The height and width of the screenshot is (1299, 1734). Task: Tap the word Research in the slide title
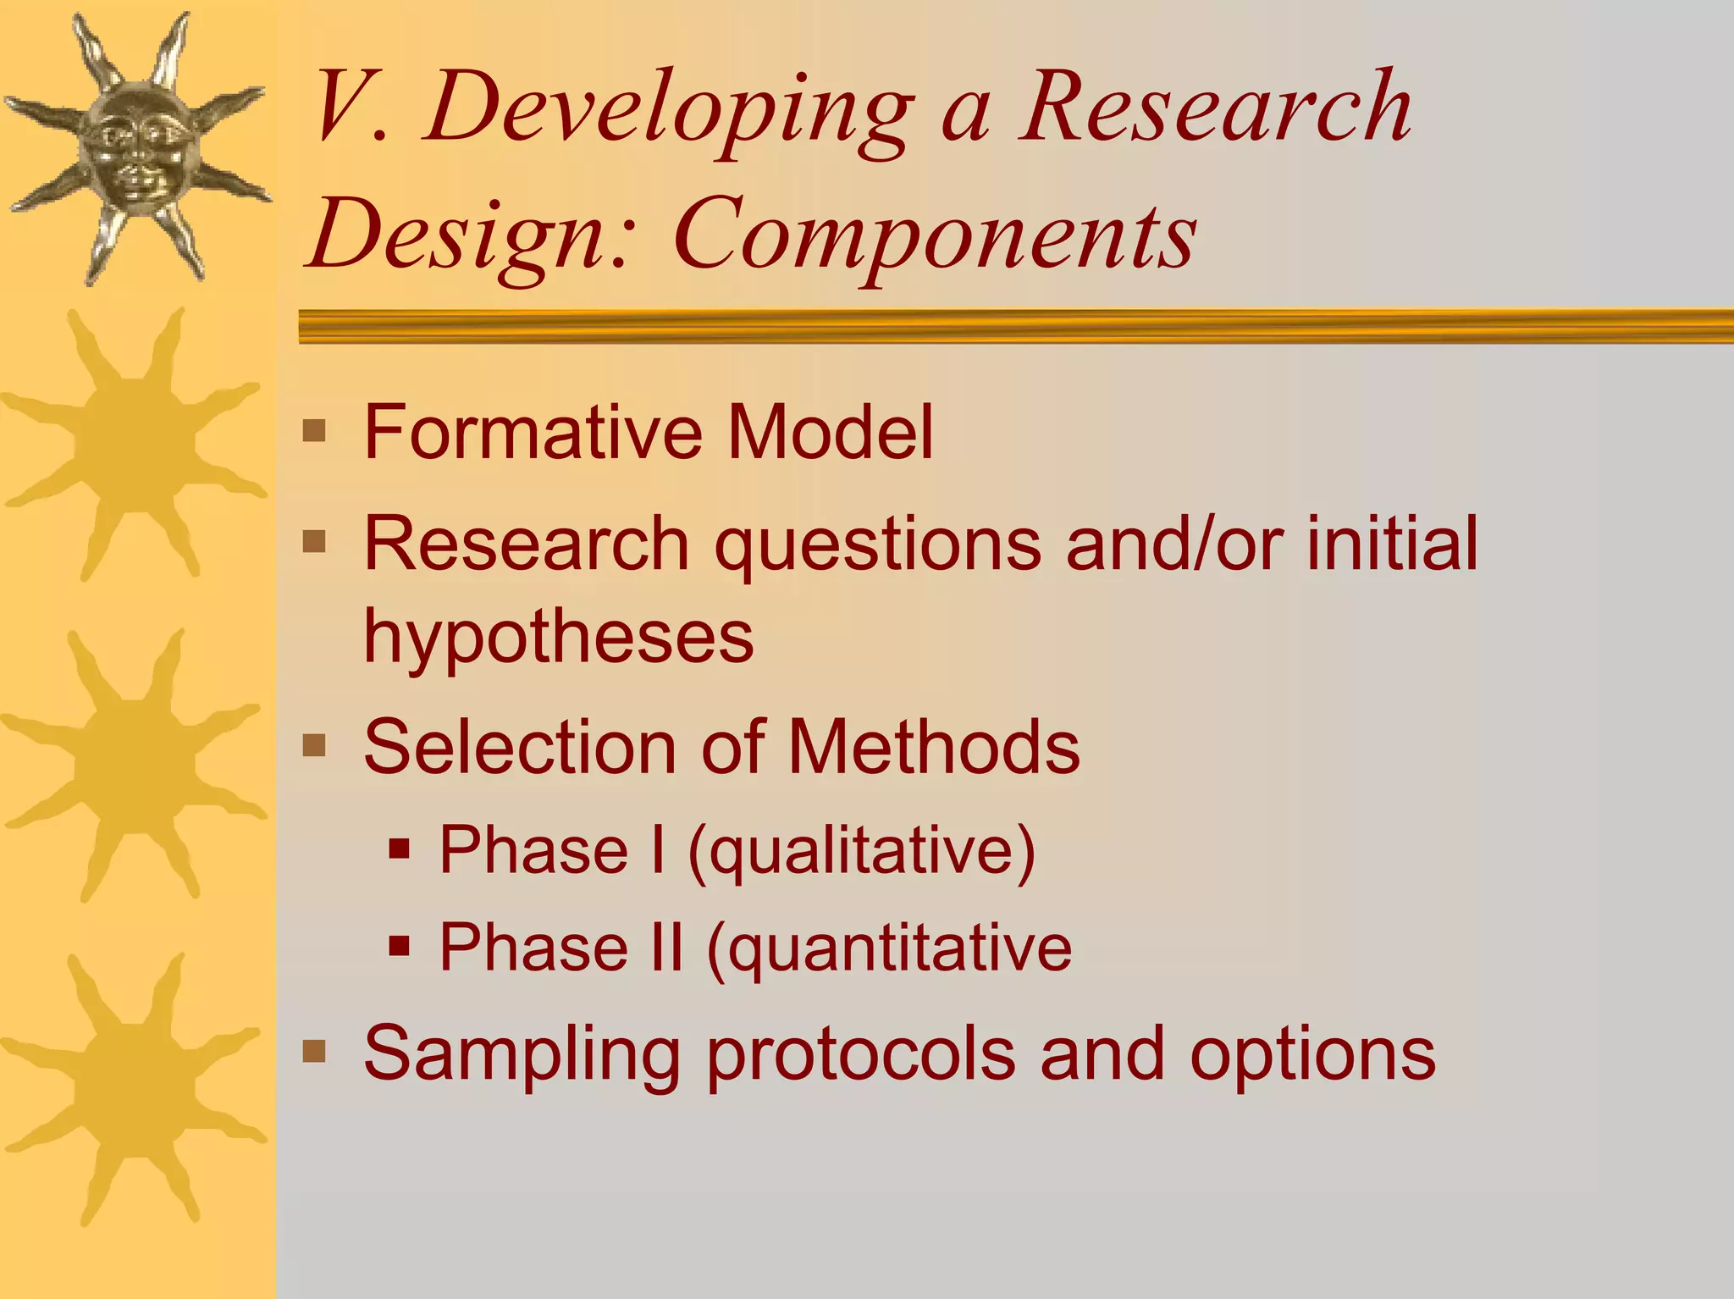click(x=1215, y=108)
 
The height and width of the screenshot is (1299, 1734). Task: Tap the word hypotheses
click(x=558, y=637)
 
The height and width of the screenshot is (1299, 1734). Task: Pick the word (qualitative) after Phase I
click(x=862, y=851)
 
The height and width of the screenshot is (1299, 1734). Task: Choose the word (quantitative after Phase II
click(x=888, y=948)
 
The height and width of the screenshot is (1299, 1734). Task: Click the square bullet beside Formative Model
click(x=314, y=431)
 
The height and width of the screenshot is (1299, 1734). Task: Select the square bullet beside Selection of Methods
click(x=314, y=746)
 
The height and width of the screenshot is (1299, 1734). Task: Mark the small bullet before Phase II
click(x=400, y=945)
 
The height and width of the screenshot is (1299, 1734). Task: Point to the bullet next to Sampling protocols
click(x=314, y=1052)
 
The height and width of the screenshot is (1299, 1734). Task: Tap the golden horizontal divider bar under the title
click(x=1016, y=326)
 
